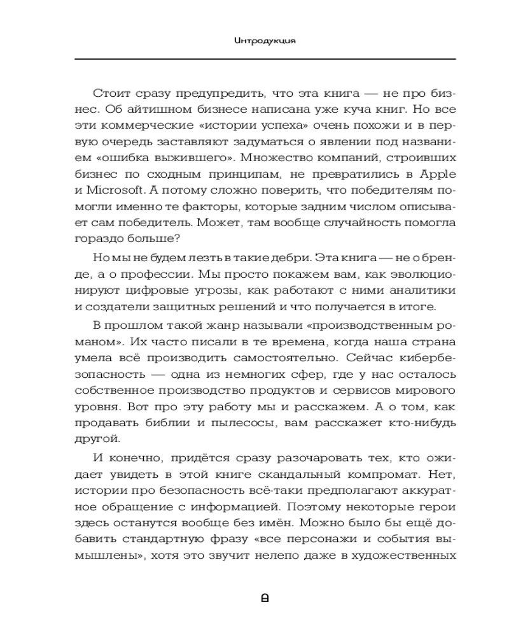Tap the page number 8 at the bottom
(266, 598)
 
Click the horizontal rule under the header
(266, 59)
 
